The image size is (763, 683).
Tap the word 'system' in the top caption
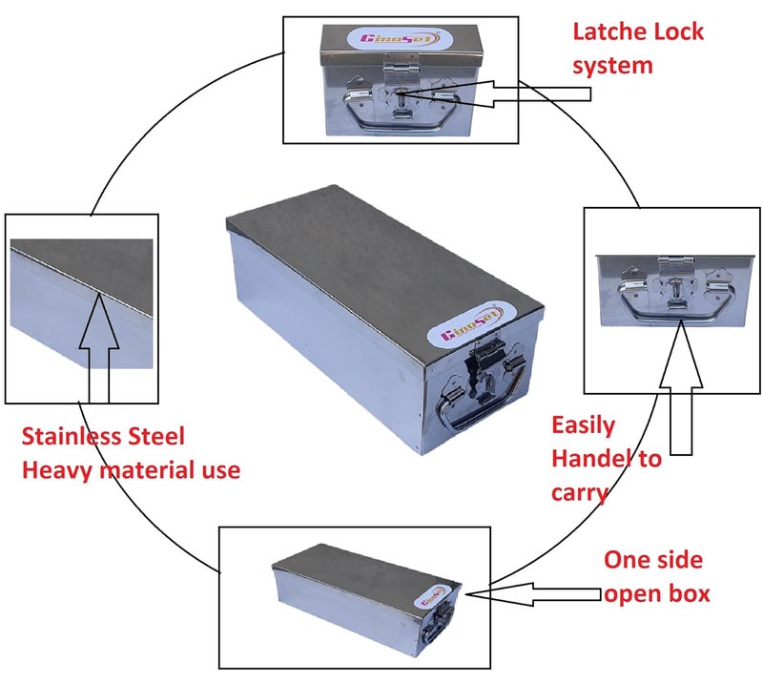[612, 66]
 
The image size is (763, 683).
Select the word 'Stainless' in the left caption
[72, 436]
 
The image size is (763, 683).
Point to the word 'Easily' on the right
[583, 426]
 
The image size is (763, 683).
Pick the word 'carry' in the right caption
[580, 492]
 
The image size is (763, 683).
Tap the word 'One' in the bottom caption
[627, 560]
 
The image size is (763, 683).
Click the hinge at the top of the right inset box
[676, 262]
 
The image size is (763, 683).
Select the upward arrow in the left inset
[99, 347]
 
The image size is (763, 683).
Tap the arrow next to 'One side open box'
[534, 594]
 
